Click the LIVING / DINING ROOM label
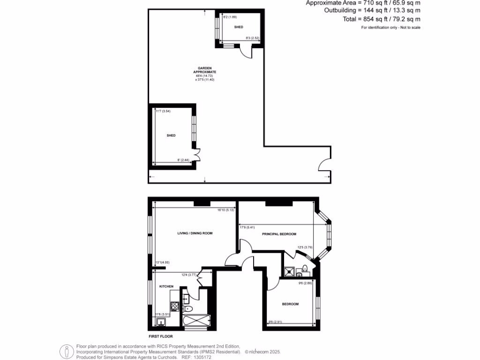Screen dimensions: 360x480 (x=192, y=233)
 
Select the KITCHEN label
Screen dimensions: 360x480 (x=166, y=286)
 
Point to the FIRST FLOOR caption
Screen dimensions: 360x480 (x=161, y=337)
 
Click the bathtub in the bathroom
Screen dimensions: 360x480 (x=196, y=322)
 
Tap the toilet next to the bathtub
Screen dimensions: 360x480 (x=188, y=308)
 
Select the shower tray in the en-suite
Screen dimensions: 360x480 (x=289, y=271)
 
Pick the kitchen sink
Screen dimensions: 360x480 (x=160, y=322)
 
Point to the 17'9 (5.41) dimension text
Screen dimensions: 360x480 (x=247, y=227)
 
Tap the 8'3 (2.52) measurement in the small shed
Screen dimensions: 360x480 (x=253, y=38)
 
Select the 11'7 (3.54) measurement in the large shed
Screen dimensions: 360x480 (x=162, y=111)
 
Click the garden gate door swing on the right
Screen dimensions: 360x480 (x=324, y=165)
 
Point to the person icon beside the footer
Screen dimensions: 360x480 (x=66, y=351)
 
